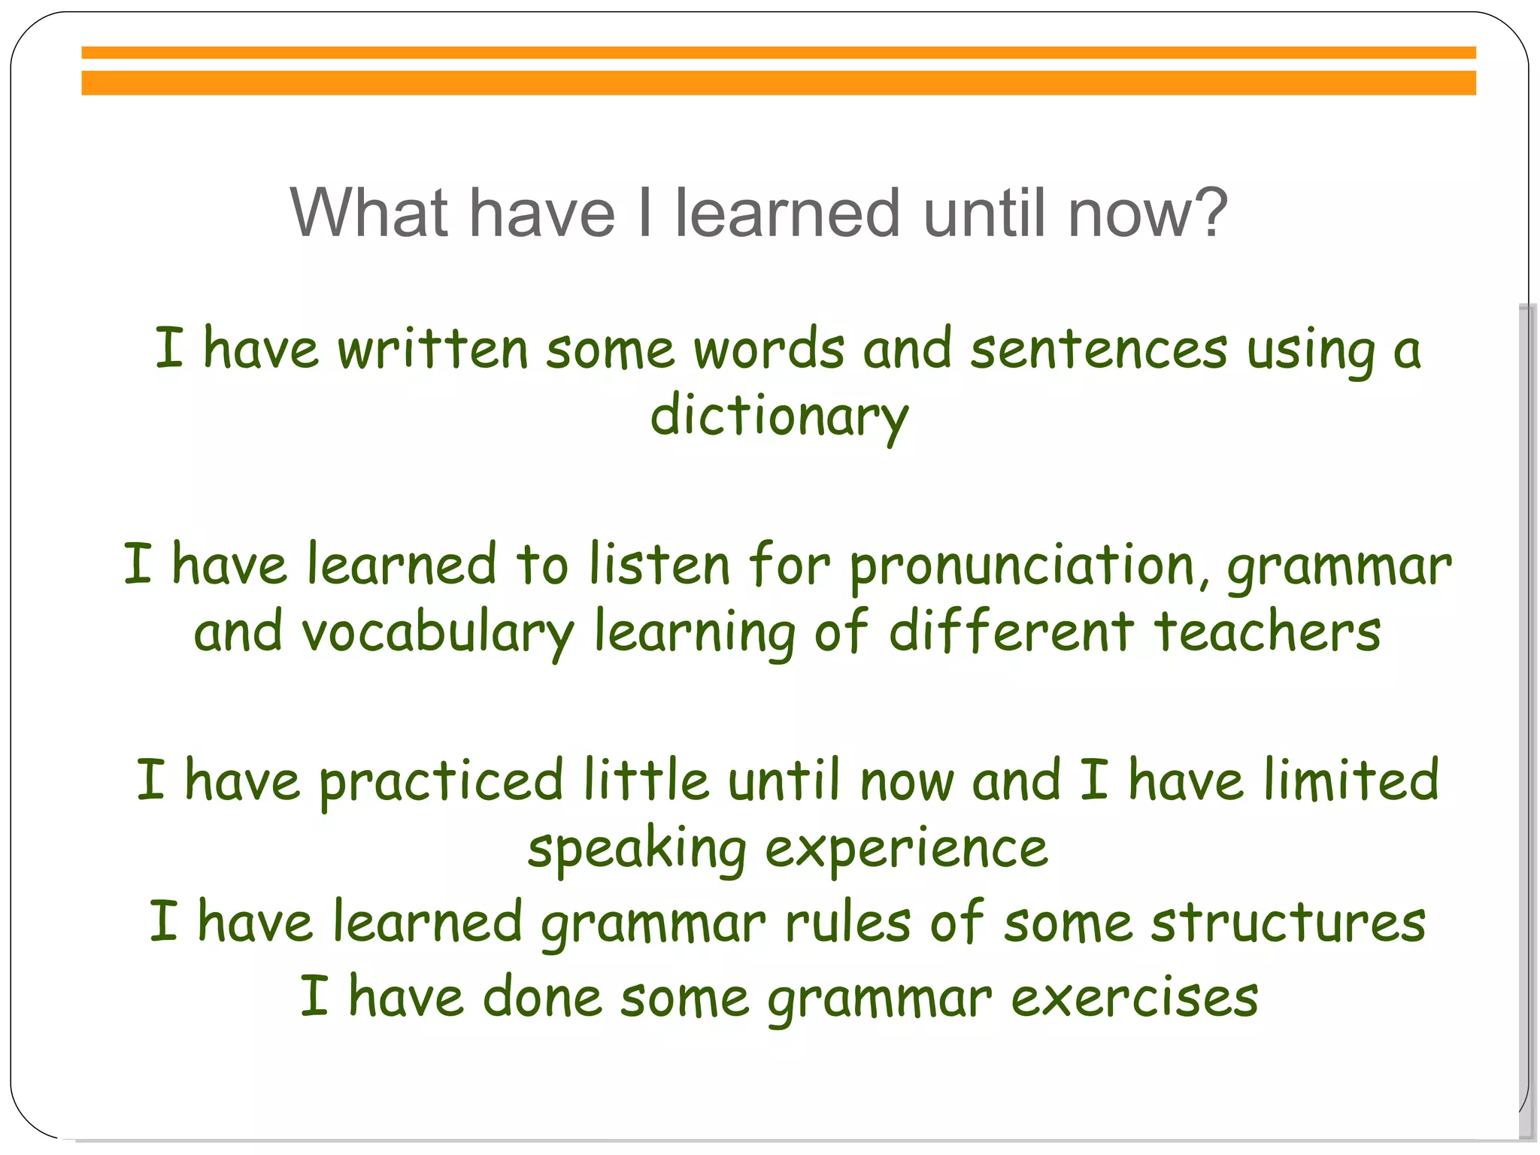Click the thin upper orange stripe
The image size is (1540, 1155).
click(778, 53)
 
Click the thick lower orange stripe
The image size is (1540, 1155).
click(778, 83)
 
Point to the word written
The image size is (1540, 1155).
click(433, 350)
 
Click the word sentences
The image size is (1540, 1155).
click(1099, 350)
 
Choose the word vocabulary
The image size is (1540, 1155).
click(438, 633)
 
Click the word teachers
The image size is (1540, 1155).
click(1268, 632)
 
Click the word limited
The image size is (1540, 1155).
click(1351, 780)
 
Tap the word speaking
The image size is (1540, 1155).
click(637, 850)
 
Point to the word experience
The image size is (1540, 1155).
click(906, 850)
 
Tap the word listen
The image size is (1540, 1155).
click(659, 565)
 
